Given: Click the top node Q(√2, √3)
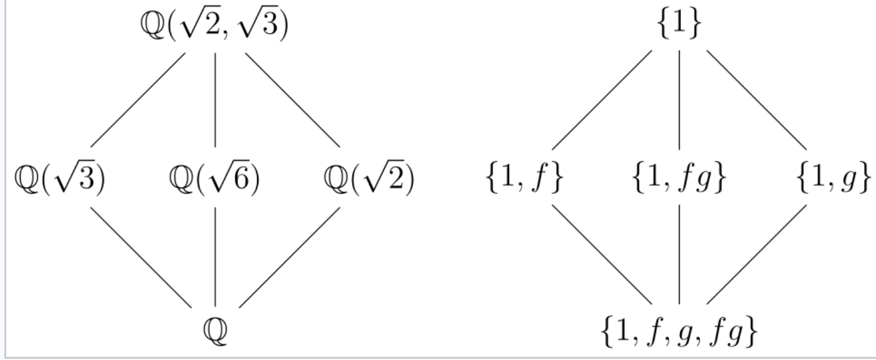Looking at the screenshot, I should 215,28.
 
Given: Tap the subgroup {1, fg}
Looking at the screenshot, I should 679,180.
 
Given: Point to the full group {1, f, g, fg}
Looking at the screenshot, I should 679,333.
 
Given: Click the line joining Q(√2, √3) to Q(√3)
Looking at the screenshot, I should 138,100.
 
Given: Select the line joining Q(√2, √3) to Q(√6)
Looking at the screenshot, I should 215,100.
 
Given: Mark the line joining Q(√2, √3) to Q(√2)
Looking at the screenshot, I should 293,100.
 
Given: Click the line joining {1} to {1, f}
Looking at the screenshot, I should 602,100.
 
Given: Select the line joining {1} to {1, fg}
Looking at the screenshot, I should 679,100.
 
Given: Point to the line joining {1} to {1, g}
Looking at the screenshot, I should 756,100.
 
